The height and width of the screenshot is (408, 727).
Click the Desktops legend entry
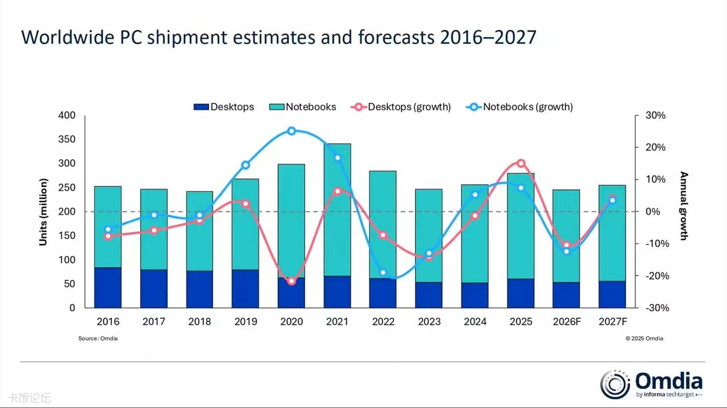[224, 107]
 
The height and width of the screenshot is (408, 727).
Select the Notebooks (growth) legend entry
[519, 107]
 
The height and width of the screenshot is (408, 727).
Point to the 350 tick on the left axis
[67, 139]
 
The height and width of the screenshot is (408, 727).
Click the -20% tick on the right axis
[657, 276]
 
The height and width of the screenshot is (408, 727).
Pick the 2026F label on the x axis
[566, 321]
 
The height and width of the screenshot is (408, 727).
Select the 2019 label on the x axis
[245, 321]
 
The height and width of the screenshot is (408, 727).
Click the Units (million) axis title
[43, 212]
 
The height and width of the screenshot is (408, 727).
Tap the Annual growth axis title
[684, 206]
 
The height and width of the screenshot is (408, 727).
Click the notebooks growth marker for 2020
[291, 131]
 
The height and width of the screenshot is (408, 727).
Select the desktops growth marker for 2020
[291, 281]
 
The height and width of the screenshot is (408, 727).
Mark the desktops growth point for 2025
[521, 163]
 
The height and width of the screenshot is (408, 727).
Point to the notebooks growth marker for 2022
[383, 273]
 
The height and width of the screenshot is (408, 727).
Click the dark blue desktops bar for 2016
[108, 288]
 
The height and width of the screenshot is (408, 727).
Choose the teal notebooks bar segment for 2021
[337, 210]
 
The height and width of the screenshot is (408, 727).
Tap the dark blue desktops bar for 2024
[475, 296]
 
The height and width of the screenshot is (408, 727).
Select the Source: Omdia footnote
[98, 338]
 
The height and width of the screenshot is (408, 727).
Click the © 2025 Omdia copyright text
[644, 338]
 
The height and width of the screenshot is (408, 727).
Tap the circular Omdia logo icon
[614, 384]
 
